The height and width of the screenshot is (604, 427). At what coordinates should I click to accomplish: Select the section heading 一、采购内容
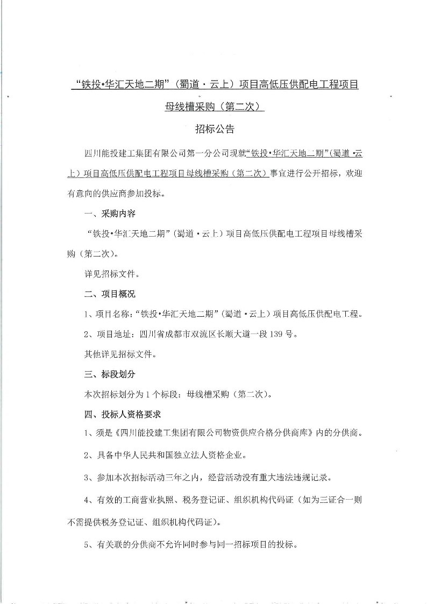(x=110, y=214)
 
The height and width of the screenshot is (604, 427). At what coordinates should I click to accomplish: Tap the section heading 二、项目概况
(x=110, y=294)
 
